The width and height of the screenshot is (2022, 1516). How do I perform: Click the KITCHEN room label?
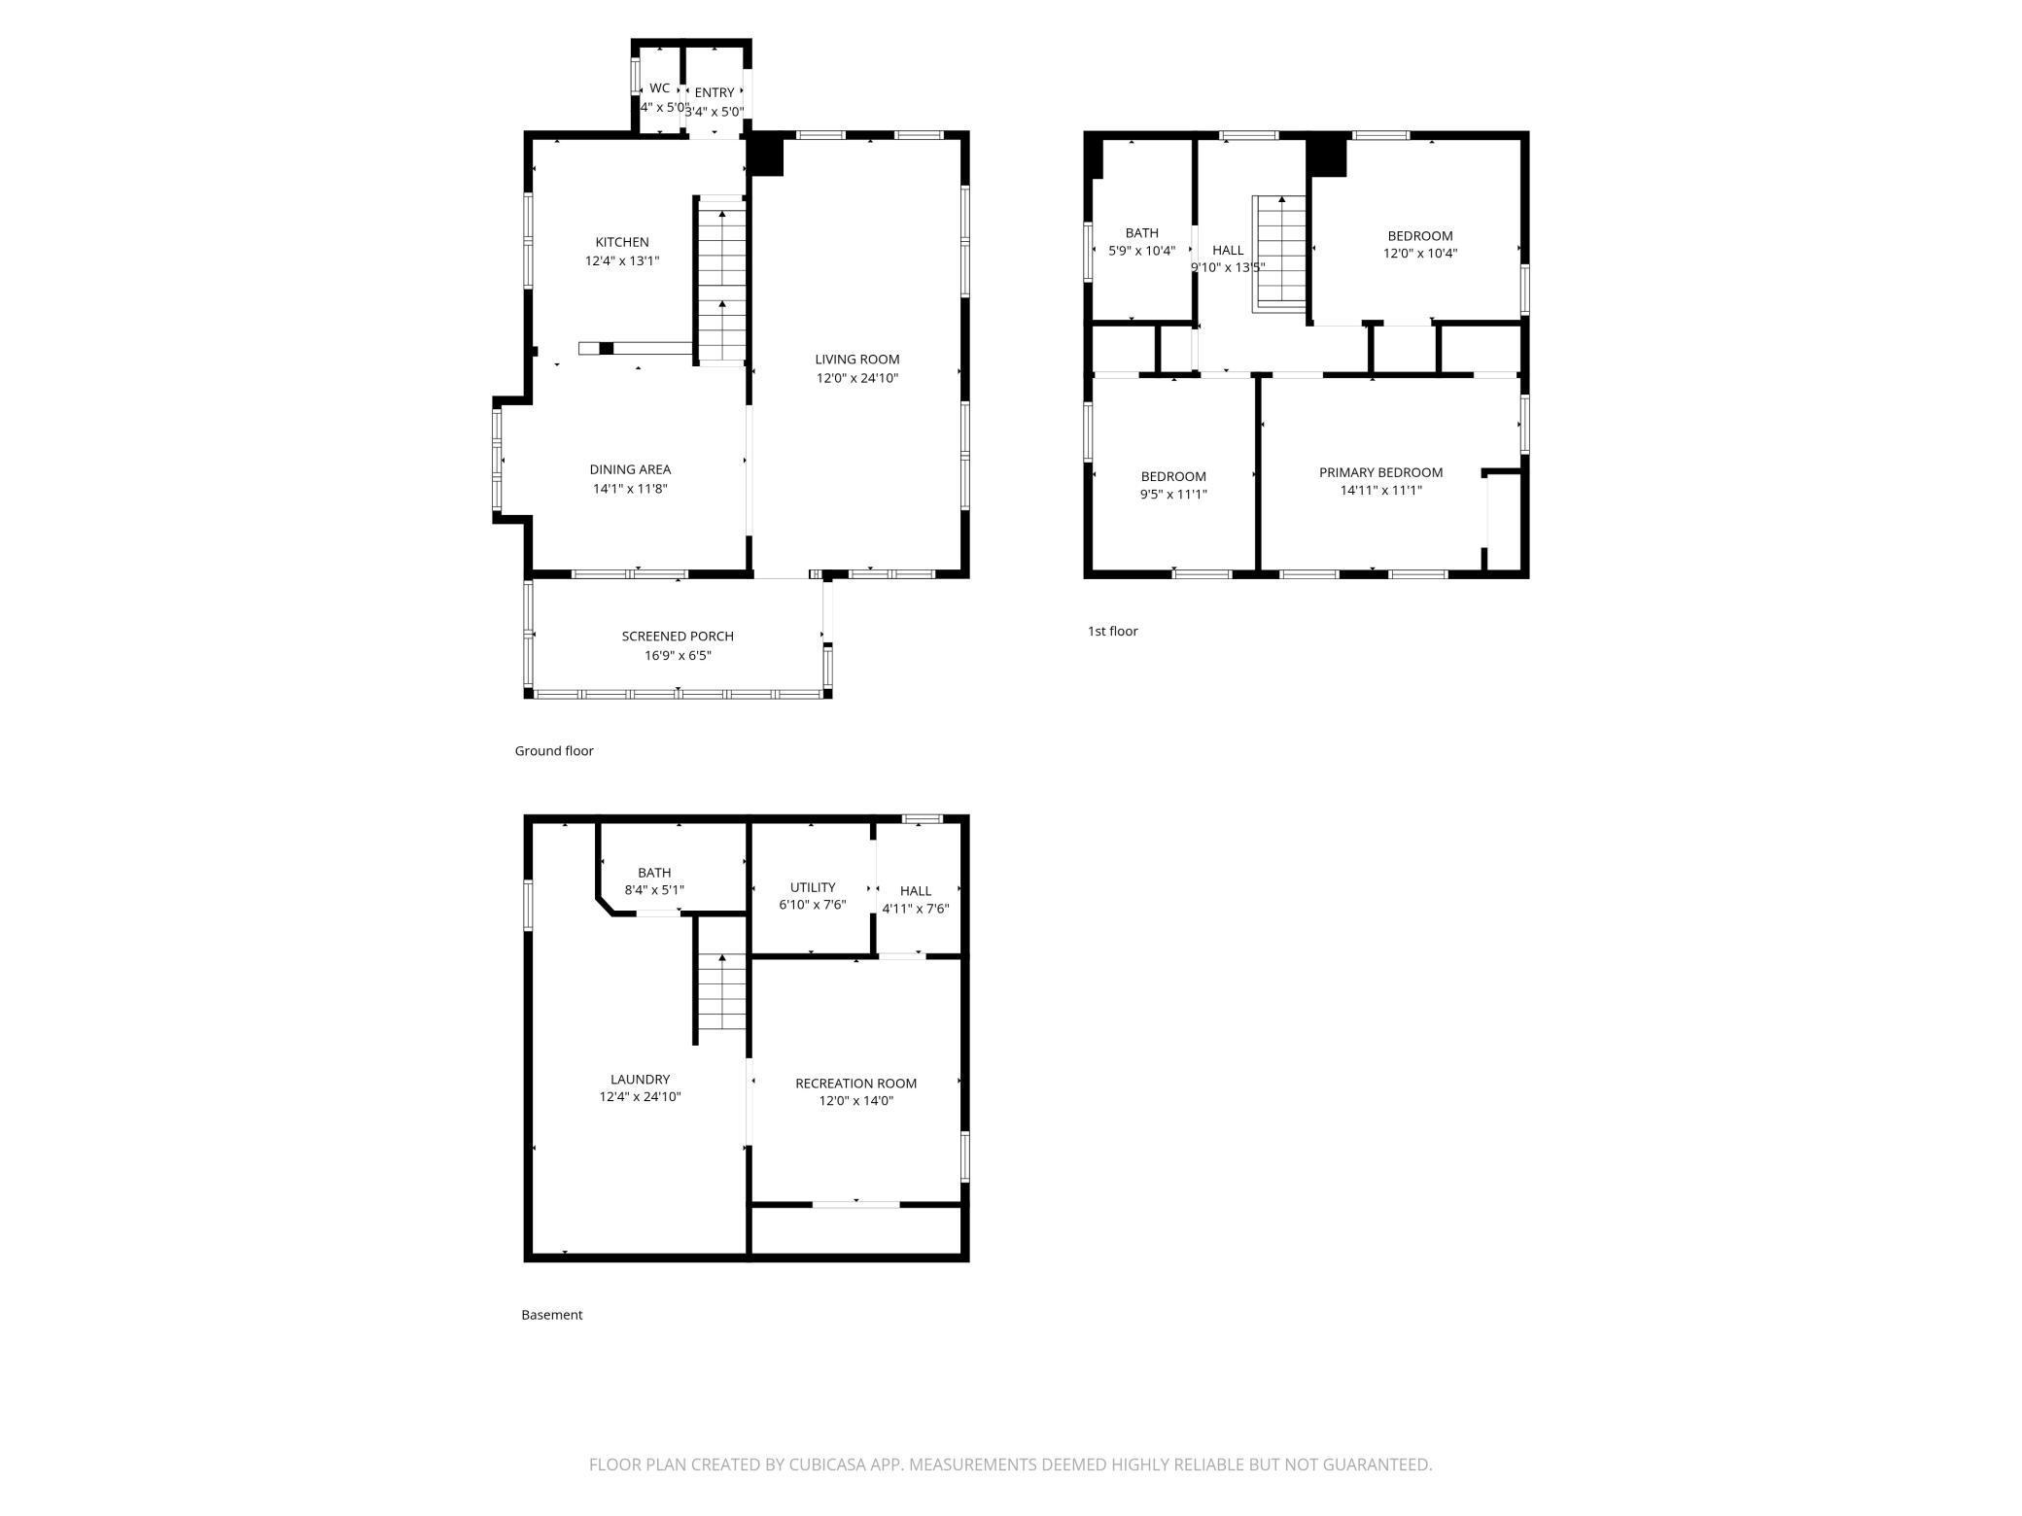pos(622,242)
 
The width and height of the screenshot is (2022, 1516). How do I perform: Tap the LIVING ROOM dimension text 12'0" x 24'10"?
pos(856,378)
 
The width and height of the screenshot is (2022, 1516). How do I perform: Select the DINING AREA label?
pos(630,469)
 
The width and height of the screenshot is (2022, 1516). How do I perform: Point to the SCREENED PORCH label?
pos(678,636)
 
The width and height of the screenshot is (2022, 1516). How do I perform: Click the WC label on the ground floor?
pos(659,88)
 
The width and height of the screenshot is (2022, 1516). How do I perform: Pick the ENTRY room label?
pos(715,92)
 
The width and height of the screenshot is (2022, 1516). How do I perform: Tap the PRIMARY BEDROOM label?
pos(1380,472)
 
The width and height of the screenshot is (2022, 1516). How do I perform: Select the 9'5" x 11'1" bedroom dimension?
pos(1173,494)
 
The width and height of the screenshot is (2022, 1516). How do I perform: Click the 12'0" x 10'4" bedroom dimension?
pos(1420,254)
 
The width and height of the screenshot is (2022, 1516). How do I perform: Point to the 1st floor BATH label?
pos(1141,232)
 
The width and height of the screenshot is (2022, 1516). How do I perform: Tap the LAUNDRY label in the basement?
pos(640,1079)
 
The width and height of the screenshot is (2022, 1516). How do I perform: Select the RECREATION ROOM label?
pos(855,1083)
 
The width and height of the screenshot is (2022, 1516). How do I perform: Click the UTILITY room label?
pos(812,887)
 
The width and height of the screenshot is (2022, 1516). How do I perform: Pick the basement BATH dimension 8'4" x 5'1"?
pos(654,890)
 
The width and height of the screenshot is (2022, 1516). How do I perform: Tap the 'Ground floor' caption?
pos(553,750)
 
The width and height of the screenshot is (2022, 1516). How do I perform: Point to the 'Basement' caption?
pos(551,1315)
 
